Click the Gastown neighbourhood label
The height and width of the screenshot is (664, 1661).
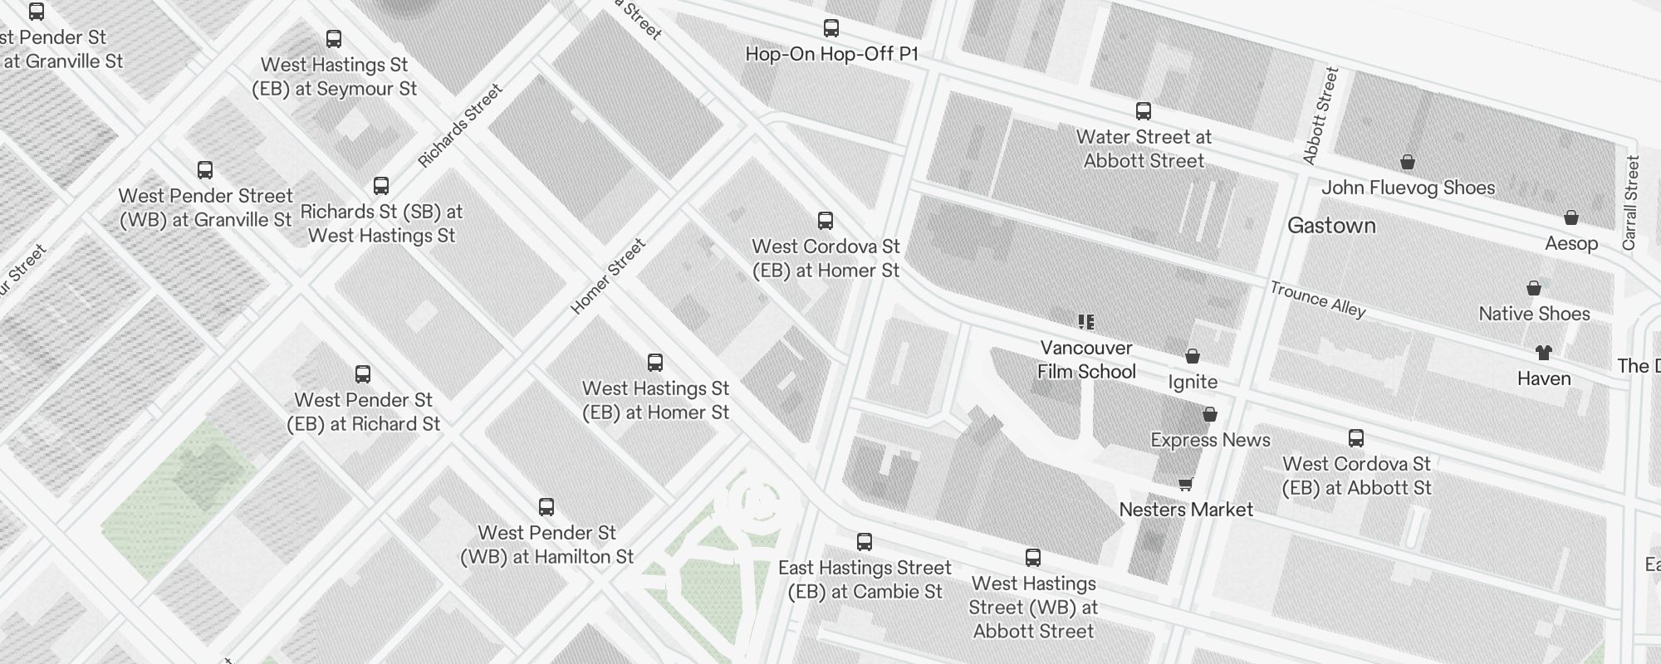[1331, 226]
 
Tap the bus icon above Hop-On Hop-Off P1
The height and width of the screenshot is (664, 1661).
[830, 28]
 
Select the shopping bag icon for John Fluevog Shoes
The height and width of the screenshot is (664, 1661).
[1408, 162]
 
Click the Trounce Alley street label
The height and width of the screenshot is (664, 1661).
[1317, 300]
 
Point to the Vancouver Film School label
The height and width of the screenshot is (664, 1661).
[1086, 359]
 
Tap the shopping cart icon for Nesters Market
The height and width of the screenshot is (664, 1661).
[1186, 484]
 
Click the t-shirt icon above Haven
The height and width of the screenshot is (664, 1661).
[1544, 353]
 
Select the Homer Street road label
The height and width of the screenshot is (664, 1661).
[608, 276]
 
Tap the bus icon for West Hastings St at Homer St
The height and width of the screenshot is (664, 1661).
[655, 363]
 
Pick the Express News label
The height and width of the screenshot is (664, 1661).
[1210, 440]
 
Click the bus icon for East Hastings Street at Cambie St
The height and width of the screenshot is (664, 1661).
[865, 542]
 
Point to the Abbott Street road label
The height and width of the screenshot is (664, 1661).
[1320, 115]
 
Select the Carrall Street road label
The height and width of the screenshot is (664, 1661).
[1631, 203]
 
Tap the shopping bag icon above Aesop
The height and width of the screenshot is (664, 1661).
[1571, 218]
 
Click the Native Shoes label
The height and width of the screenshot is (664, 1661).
[1534, 314]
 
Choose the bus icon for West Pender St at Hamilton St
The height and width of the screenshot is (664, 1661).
[546, 507]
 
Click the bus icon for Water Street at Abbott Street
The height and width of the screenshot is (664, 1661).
[1144, 111]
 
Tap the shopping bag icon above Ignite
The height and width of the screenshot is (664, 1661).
[1193, 357]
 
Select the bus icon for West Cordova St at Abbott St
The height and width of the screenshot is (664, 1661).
[1356, 438]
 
